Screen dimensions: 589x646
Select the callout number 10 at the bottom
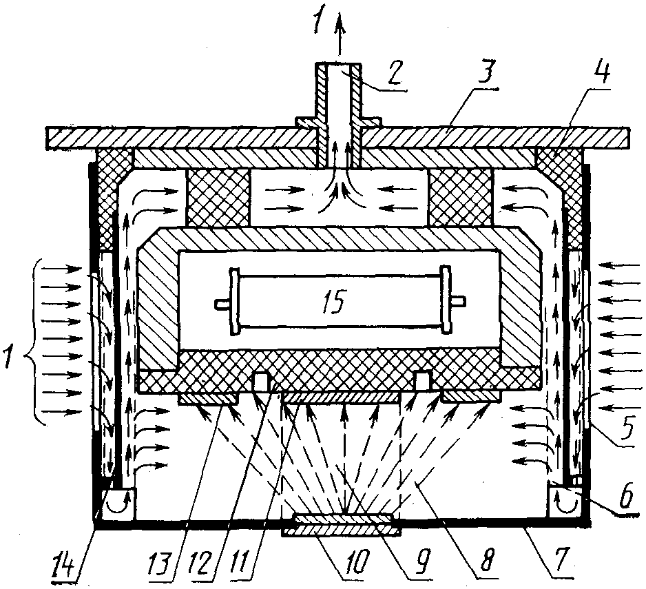coord(351,564)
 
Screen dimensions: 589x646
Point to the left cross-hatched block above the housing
coord(218,198)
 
